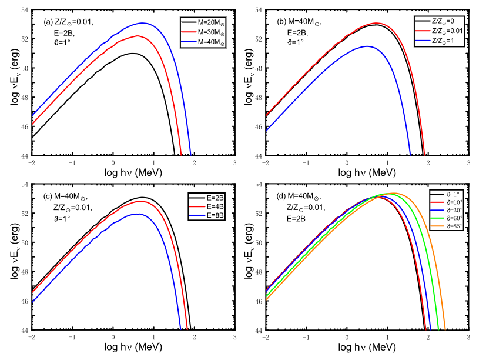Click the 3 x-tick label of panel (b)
tap(469, 164)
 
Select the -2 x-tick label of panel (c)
tap(31, 340)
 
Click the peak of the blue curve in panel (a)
tap(142, 23)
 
